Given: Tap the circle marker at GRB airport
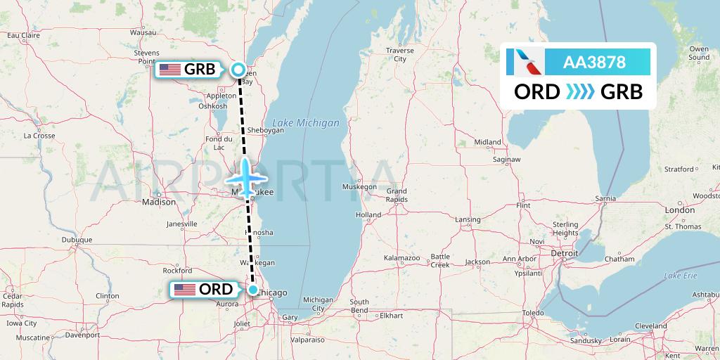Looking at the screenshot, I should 238,69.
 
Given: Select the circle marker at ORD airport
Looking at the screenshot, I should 252,289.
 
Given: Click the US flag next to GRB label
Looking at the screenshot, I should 169,69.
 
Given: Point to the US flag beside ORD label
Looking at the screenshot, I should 185,289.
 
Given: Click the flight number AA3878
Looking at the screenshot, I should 594,63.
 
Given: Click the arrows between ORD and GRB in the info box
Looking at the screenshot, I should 581,92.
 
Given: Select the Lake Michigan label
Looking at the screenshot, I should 305,123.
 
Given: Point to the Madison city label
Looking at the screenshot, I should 158,202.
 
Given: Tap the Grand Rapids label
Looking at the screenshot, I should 396,195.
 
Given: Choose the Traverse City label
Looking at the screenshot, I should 399,55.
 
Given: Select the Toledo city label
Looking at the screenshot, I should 534,311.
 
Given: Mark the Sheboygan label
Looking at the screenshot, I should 265,130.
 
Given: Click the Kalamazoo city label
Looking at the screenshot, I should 401,259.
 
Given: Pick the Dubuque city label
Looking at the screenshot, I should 77,240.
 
